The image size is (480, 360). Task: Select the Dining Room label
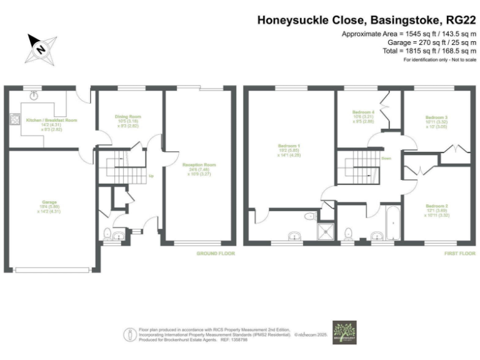(x=127, y=116)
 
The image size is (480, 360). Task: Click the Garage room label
(x=49, y=202)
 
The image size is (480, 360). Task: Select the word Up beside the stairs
(x=151, y=176)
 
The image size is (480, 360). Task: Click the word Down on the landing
(x=386, y=159)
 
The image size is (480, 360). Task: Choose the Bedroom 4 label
(x=363, y=112)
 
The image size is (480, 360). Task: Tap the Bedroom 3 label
(x=436, y=117)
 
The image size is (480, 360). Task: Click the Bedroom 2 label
(x=436, y=206)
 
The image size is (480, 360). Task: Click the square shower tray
(x=326, y=232)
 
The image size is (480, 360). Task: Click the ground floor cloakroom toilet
(x=107, y=234)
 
